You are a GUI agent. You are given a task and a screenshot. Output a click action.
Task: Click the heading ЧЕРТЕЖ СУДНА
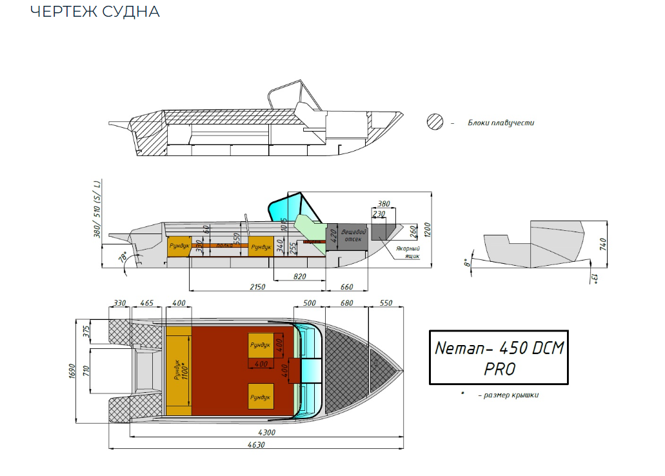point(95,12)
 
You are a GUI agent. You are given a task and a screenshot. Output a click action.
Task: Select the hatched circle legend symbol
point(436,123)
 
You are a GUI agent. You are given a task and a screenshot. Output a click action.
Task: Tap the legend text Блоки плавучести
point(501,123)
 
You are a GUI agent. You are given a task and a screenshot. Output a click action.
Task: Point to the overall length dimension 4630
point(256,444)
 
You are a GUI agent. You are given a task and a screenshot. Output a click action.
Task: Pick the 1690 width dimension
point(72,371)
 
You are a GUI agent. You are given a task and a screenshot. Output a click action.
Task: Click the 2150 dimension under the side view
point(257,286)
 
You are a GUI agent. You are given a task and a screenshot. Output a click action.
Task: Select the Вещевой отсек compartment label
point(353,235)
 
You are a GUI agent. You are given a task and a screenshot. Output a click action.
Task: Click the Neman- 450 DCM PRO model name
point(499,357)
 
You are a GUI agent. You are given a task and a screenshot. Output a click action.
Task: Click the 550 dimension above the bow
point(386,302)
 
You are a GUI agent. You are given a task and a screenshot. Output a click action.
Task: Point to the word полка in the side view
point(224,246)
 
